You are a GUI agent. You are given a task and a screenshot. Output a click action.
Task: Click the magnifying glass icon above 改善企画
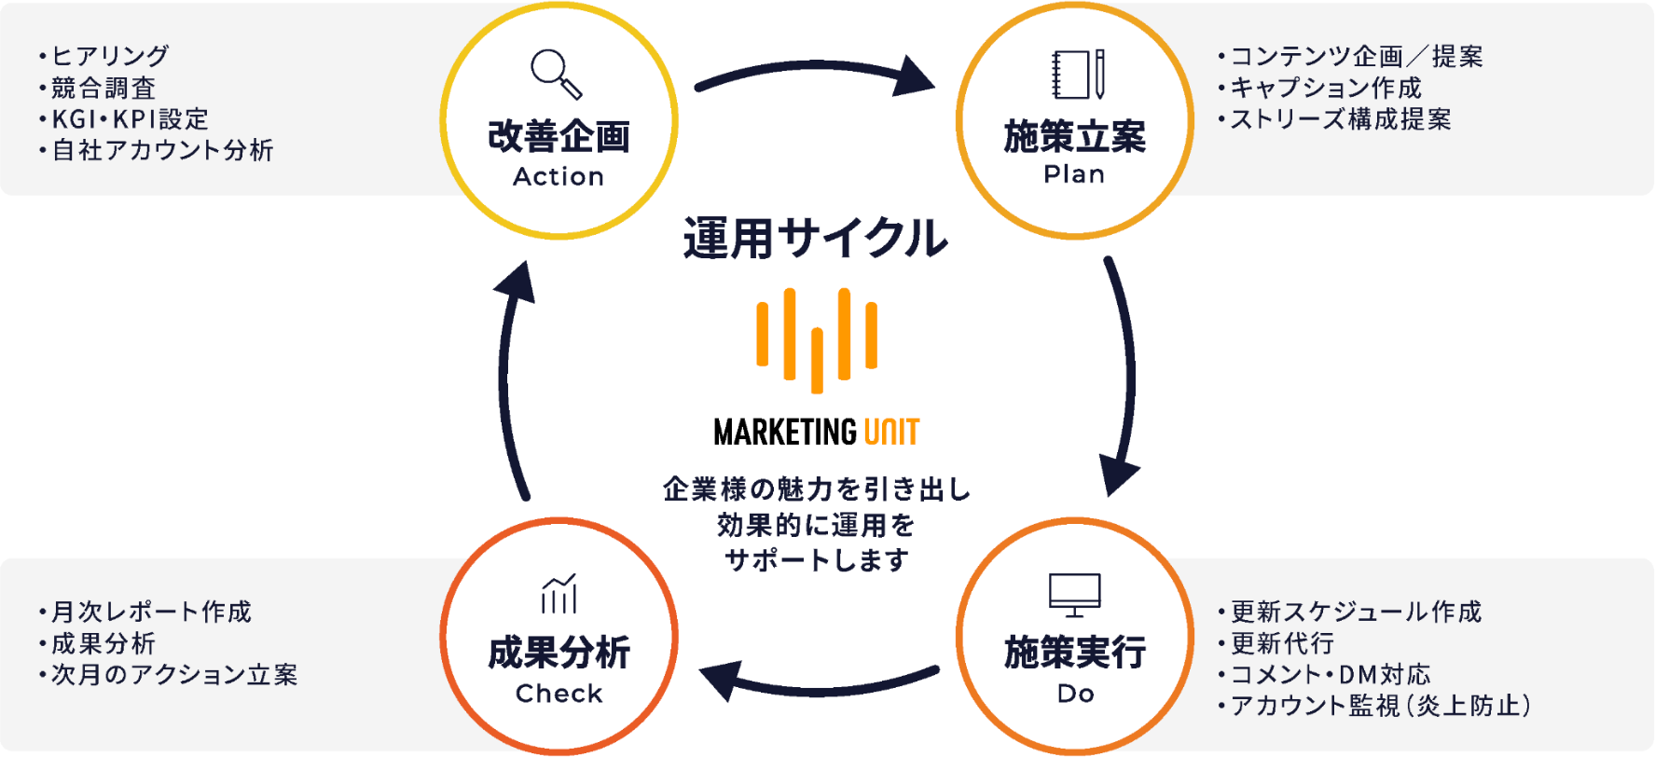(557, 74)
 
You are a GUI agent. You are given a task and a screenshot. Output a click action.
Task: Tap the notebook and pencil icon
(1078, 74)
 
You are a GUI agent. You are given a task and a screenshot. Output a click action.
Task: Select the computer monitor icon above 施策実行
(1075, 595)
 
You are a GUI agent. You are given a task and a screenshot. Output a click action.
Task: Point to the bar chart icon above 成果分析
(559, 594)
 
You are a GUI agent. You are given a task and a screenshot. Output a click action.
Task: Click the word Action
(559, 176)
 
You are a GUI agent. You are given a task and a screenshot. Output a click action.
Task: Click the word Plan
(1074, 174)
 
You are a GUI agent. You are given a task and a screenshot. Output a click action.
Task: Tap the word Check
(559, 694)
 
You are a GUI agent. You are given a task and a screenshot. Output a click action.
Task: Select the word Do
(1075, 694)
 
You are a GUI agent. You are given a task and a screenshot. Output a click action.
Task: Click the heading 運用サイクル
(816, 239)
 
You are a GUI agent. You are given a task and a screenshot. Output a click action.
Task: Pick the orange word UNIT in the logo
(892, 432)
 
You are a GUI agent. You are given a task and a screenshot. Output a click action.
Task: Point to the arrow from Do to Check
(818, 690)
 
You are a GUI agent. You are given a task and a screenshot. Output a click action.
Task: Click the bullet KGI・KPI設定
(124, 119)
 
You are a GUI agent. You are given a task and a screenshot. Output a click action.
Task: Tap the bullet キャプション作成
(1319, 88)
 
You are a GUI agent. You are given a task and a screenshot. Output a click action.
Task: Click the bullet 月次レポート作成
(145, 612)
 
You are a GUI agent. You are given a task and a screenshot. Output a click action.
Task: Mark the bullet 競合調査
(97, 88)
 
